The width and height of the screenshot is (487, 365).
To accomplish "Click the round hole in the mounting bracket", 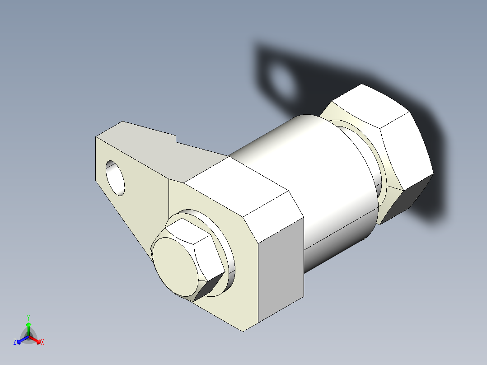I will click(x=116, y=178).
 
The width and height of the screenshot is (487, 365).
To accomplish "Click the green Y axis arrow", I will click(x=28, y=326).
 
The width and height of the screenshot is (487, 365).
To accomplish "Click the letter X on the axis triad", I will click(x=42, y=342).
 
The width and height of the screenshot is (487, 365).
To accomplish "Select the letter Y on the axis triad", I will click(x=28, y=318).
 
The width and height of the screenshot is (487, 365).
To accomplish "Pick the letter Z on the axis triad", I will click(x=15, y=342).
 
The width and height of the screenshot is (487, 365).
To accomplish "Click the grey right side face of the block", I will click(x=282, y=271).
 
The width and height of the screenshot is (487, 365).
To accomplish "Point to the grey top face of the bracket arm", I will click(x=149, y=145).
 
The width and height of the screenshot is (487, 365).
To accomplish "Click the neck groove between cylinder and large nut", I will click(x=379, y=181).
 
